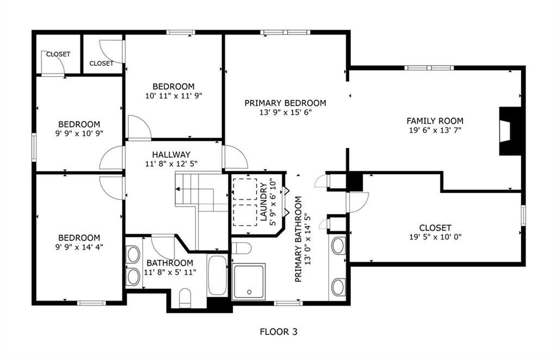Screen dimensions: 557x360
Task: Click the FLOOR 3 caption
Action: click(x=278, y=332)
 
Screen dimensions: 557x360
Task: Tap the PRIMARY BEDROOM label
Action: click(x=285, y=103)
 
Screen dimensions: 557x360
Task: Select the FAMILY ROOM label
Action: click(x=435, y=121)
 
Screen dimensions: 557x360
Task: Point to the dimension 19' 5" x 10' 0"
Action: click(x=435, y=237)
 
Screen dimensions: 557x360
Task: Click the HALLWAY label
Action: click(x=171, y=154)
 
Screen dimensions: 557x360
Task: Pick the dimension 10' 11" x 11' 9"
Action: click(x=174, y=96)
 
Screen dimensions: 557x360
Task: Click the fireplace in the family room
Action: click(x=510, y=131)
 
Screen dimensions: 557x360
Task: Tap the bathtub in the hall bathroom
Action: click(x=217, y=275)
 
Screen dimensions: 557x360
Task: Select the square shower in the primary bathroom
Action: click(x=249, y=282)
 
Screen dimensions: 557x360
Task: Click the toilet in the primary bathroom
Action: click(x=241, y=248)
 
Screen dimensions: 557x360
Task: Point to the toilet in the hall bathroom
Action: click(x=185, y=297)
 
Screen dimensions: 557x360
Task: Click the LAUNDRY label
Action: click(x=263, y=202)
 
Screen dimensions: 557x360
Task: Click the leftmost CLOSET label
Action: click(x=58, y=54)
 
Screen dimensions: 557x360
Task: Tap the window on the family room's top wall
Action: click(x=429, y=68)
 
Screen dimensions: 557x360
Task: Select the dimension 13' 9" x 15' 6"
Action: click(x=285, y=113)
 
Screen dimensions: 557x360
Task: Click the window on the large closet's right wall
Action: click(x=523, y=215)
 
